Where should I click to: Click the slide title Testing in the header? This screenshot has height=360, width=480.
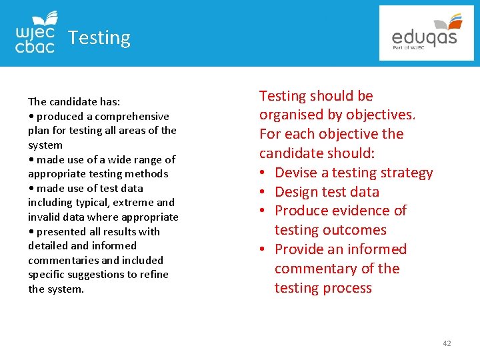point(99,38)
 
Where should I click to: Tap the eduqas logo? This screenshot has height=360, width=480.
point(425,33)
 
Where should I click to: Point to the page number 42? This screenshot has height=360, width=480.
point(447,343)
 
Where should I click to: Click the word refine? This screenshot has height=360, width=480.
point(154,275)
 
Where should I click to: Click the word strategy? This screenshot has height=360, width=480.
point(406,173)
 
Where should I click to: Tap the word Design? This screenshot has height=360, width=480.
point(294,192)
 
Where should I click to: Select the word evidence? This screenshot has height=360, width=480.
point(363,211)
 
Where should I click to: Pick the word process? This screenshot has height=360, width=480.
point(347,288)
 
